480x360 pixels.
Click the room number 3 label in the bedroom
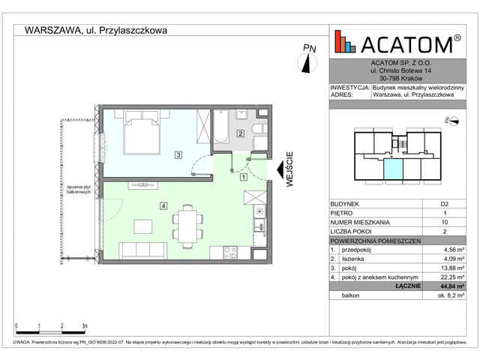point(178,155)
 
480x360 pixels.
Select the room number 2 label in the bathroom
point(240,133)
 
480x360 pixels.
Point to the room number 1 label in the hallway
point(244,178)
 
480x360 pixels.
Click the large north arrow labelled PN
point(307,61)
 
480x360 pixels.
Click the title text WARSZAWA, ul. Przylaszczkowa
point(96,31)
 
